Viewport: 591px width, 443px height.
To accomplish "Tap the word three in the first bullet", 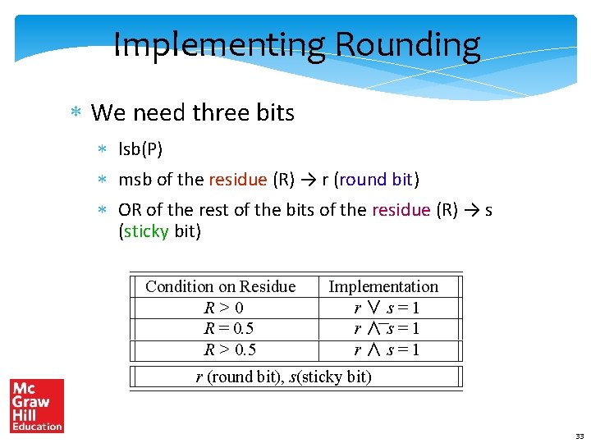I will pos(231,112).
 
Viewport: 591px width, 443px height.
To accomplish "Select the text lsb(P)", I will pos(140,148).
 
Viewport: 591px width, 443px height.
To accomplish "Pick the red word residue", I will pos(237,179).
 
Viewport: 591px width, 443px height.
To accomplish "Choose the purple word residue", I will pos(401,210).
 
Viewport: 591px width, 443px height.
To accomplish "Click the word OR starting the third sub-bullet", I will pos(130,210).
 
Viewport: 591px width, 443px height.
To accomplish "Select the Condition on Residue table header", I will pos(220,286).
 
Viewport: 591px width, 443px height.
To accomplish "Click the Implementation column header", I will pos(383,286).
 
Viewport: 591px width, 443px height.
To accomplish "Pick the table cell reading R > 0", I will pos(223,308).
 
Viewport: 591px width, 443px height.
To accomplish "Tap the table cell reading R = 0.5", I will pos(229,328).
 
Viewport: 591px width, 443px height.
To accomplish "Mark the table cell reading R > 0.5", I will pos(230,349).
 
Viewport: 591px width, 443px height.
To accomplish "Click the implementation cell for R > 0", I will pos(387,308).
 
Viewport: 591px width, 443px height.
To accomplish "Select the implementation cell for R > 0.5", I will pos(387,349).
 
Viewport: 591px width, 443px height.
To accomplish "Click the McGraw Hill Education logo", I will pos(36,406).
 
